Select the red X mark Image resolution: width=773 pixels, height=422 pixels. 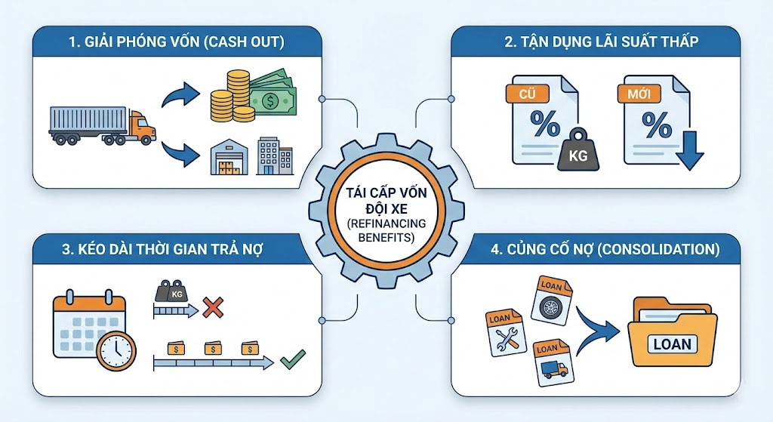coord(214,307)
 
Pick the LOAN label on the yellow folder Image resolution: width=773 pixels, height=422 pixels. coord(672,344)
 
